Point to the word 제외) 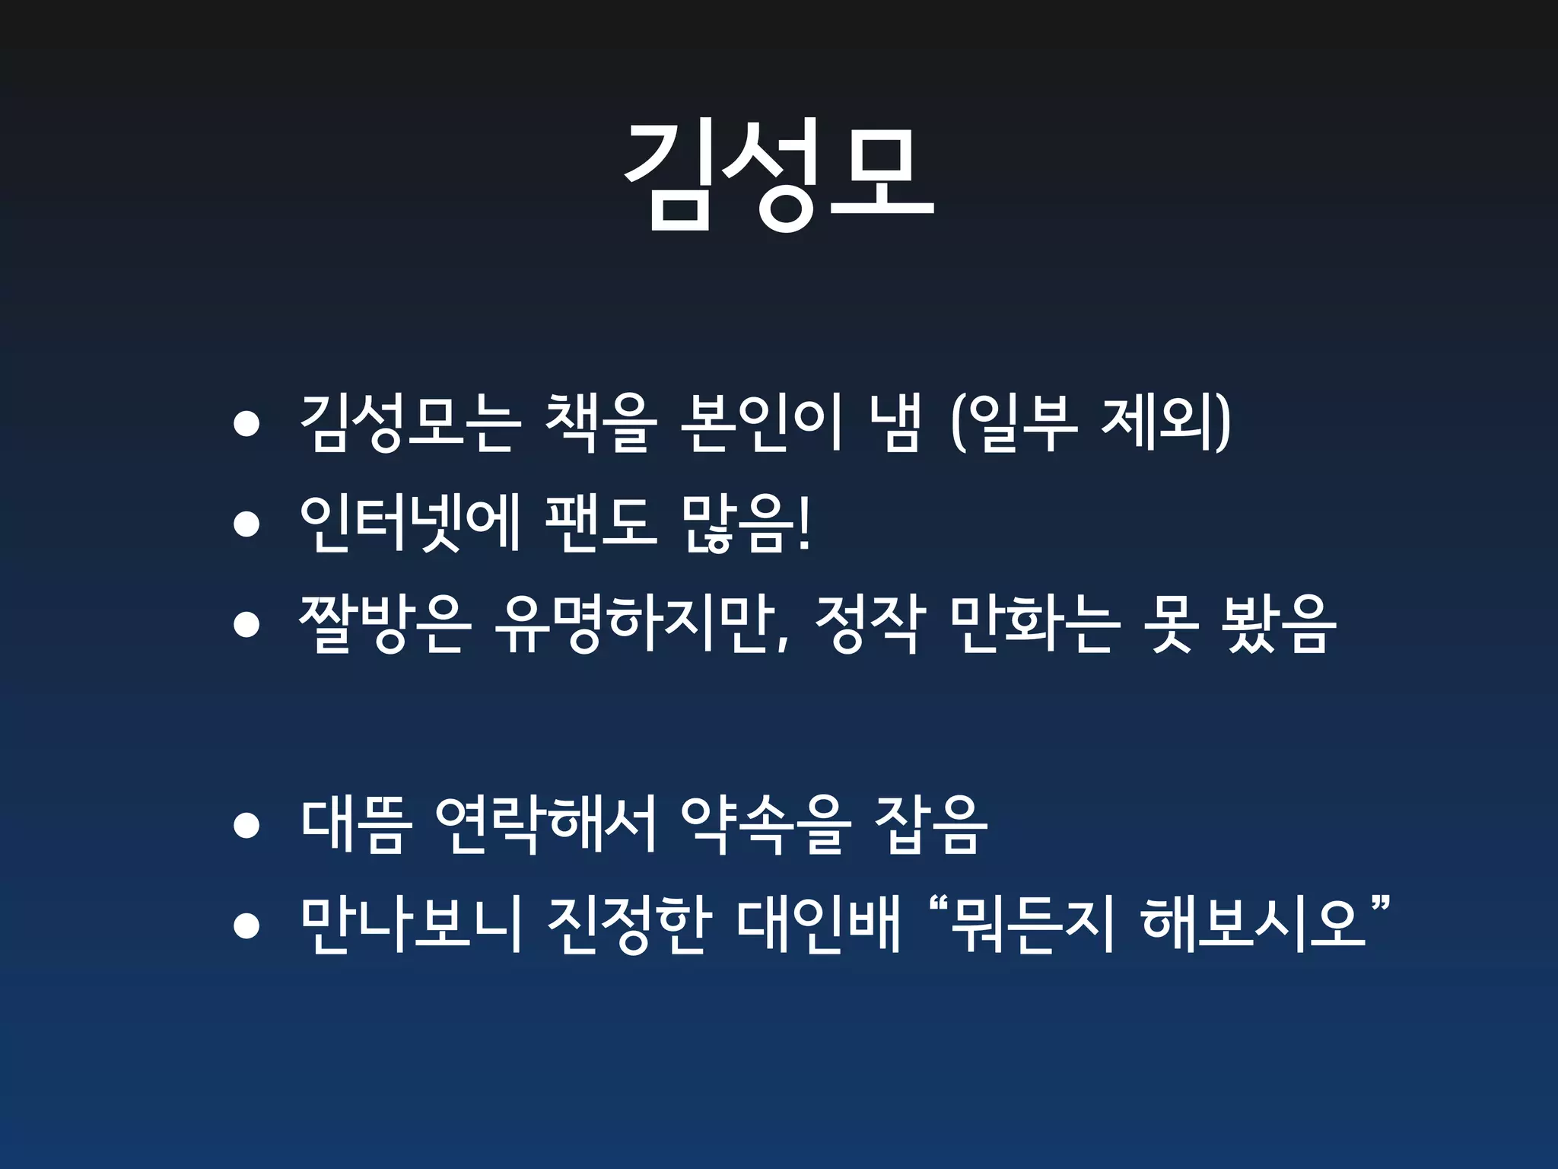[1165, 423]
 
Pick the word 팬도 [601, 524]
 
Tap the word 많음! [746, 524]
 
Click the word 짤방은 [383, 625]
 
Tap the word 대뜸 [356, 826]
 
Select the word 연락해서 [545, 826]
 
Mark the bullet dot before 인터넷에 [246, 524]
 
